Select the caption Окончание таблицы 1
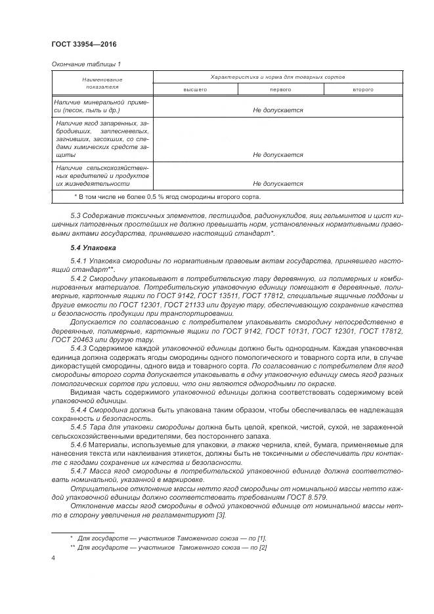(x=85, y=64)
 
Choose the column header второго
(x=363, y=89)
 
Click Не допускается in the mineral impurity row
(x=278, y=110)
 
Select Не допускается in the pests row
(x=278, y=185)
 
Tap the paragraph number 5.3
(x=76, y=216)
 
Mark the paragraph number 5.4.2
(x=80, y=278)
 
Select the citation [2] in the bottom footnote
(x=263, y=547)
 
